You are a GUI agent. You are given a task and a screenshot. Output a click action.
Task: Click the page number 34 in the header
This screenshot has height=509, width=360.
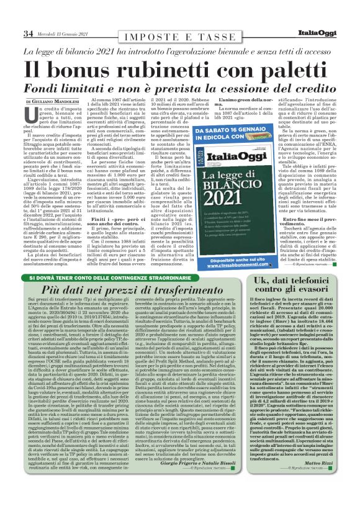[x=28, y=33]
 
